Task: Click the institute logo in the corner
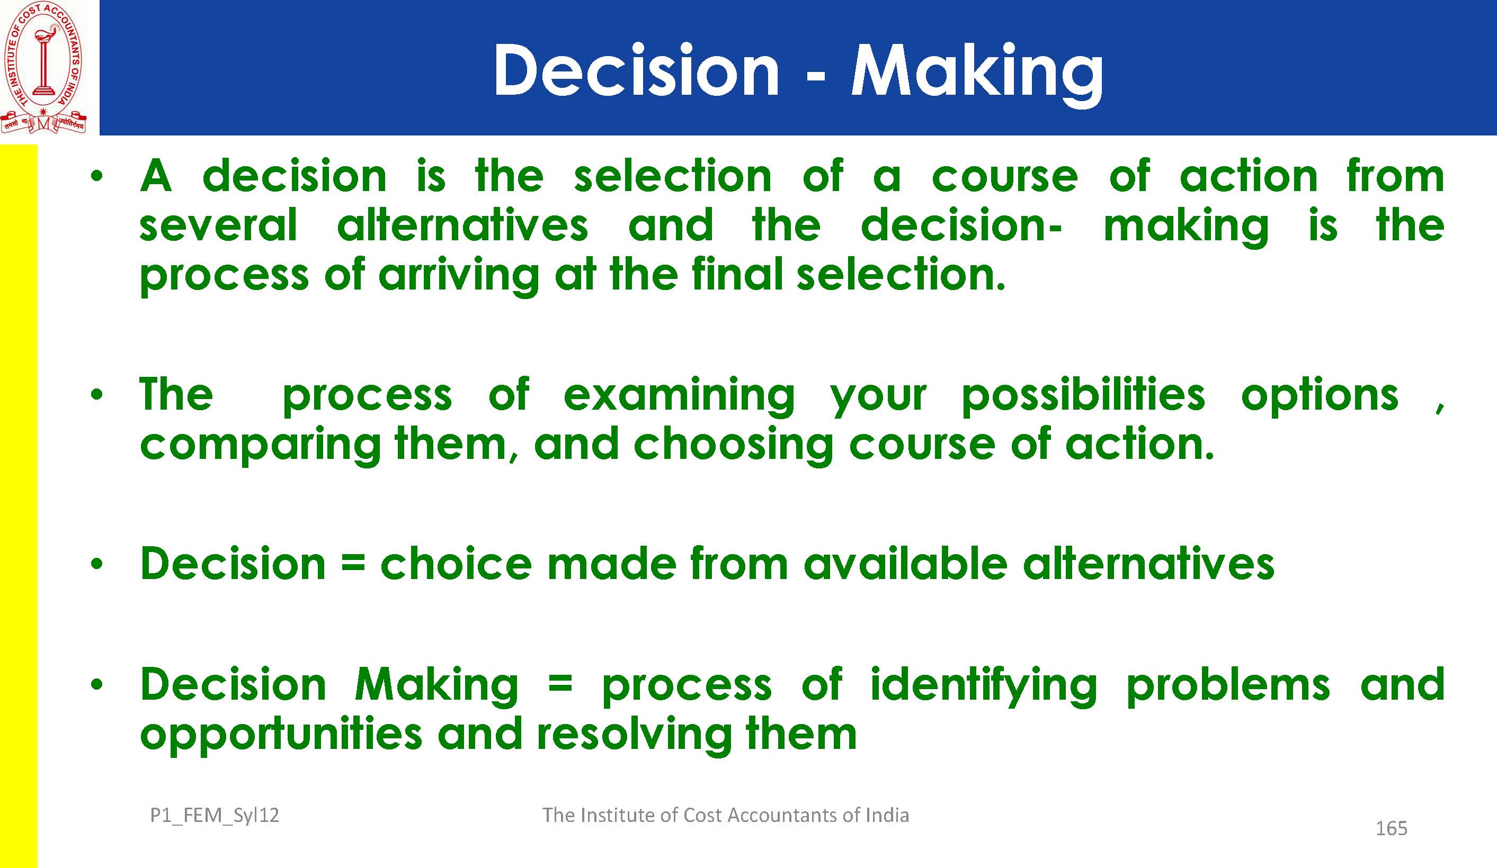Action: click(x=43, y=67)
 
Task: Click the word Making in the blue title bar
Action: click(x=977, y=74)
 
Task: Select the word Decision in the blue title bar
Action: click(x=636, y=70)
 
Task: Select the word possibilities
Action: click(x=1083, y=396)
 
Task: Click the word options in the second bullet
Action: click(x=1320, y=396)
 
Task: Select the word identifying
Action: click(x=983, y=687)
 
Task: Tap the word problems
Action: click(x=1228, y=686)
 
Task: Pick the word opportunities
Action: click(x=281, y=736)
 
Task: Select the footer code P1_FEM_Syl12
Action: click(x=215, y=816)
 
